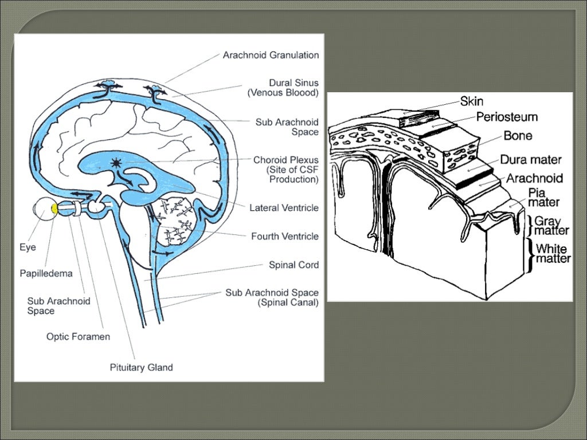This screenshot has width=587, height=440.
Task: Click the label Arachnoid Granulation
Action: (x=271, y=55)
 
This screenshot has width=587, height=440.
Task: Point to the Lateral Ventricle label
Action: (x=284, y=208)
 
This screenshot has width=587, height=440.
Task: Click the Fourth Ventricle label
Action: (x=285, y=236)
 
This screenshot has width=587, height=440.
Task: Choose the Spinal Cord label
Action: (x=293, y=265)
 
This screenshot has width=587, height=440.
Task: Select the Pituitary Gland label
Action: (x=141, y=367)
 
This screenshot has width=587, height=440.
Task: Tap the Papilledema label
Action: (x=46, y=273)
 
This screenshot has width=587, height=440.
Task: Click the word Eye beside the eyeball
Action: (x=28, y=248)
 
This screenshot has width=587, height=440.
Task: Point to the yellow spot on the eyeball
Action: (x=53, y=207)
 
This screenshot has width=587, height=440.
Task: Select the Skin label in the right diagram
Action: (x=471, y=101)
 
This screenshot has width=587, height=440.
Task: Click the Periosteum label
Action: (x=507, y=117)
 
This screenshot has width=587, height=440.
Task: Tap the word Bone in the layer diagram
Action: (x=518, y=136)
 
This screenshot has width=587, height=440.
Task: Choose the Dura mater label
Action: (x=530, y=160)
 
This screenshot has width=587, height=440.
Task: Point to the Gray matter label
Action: (x=551, y=226)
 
